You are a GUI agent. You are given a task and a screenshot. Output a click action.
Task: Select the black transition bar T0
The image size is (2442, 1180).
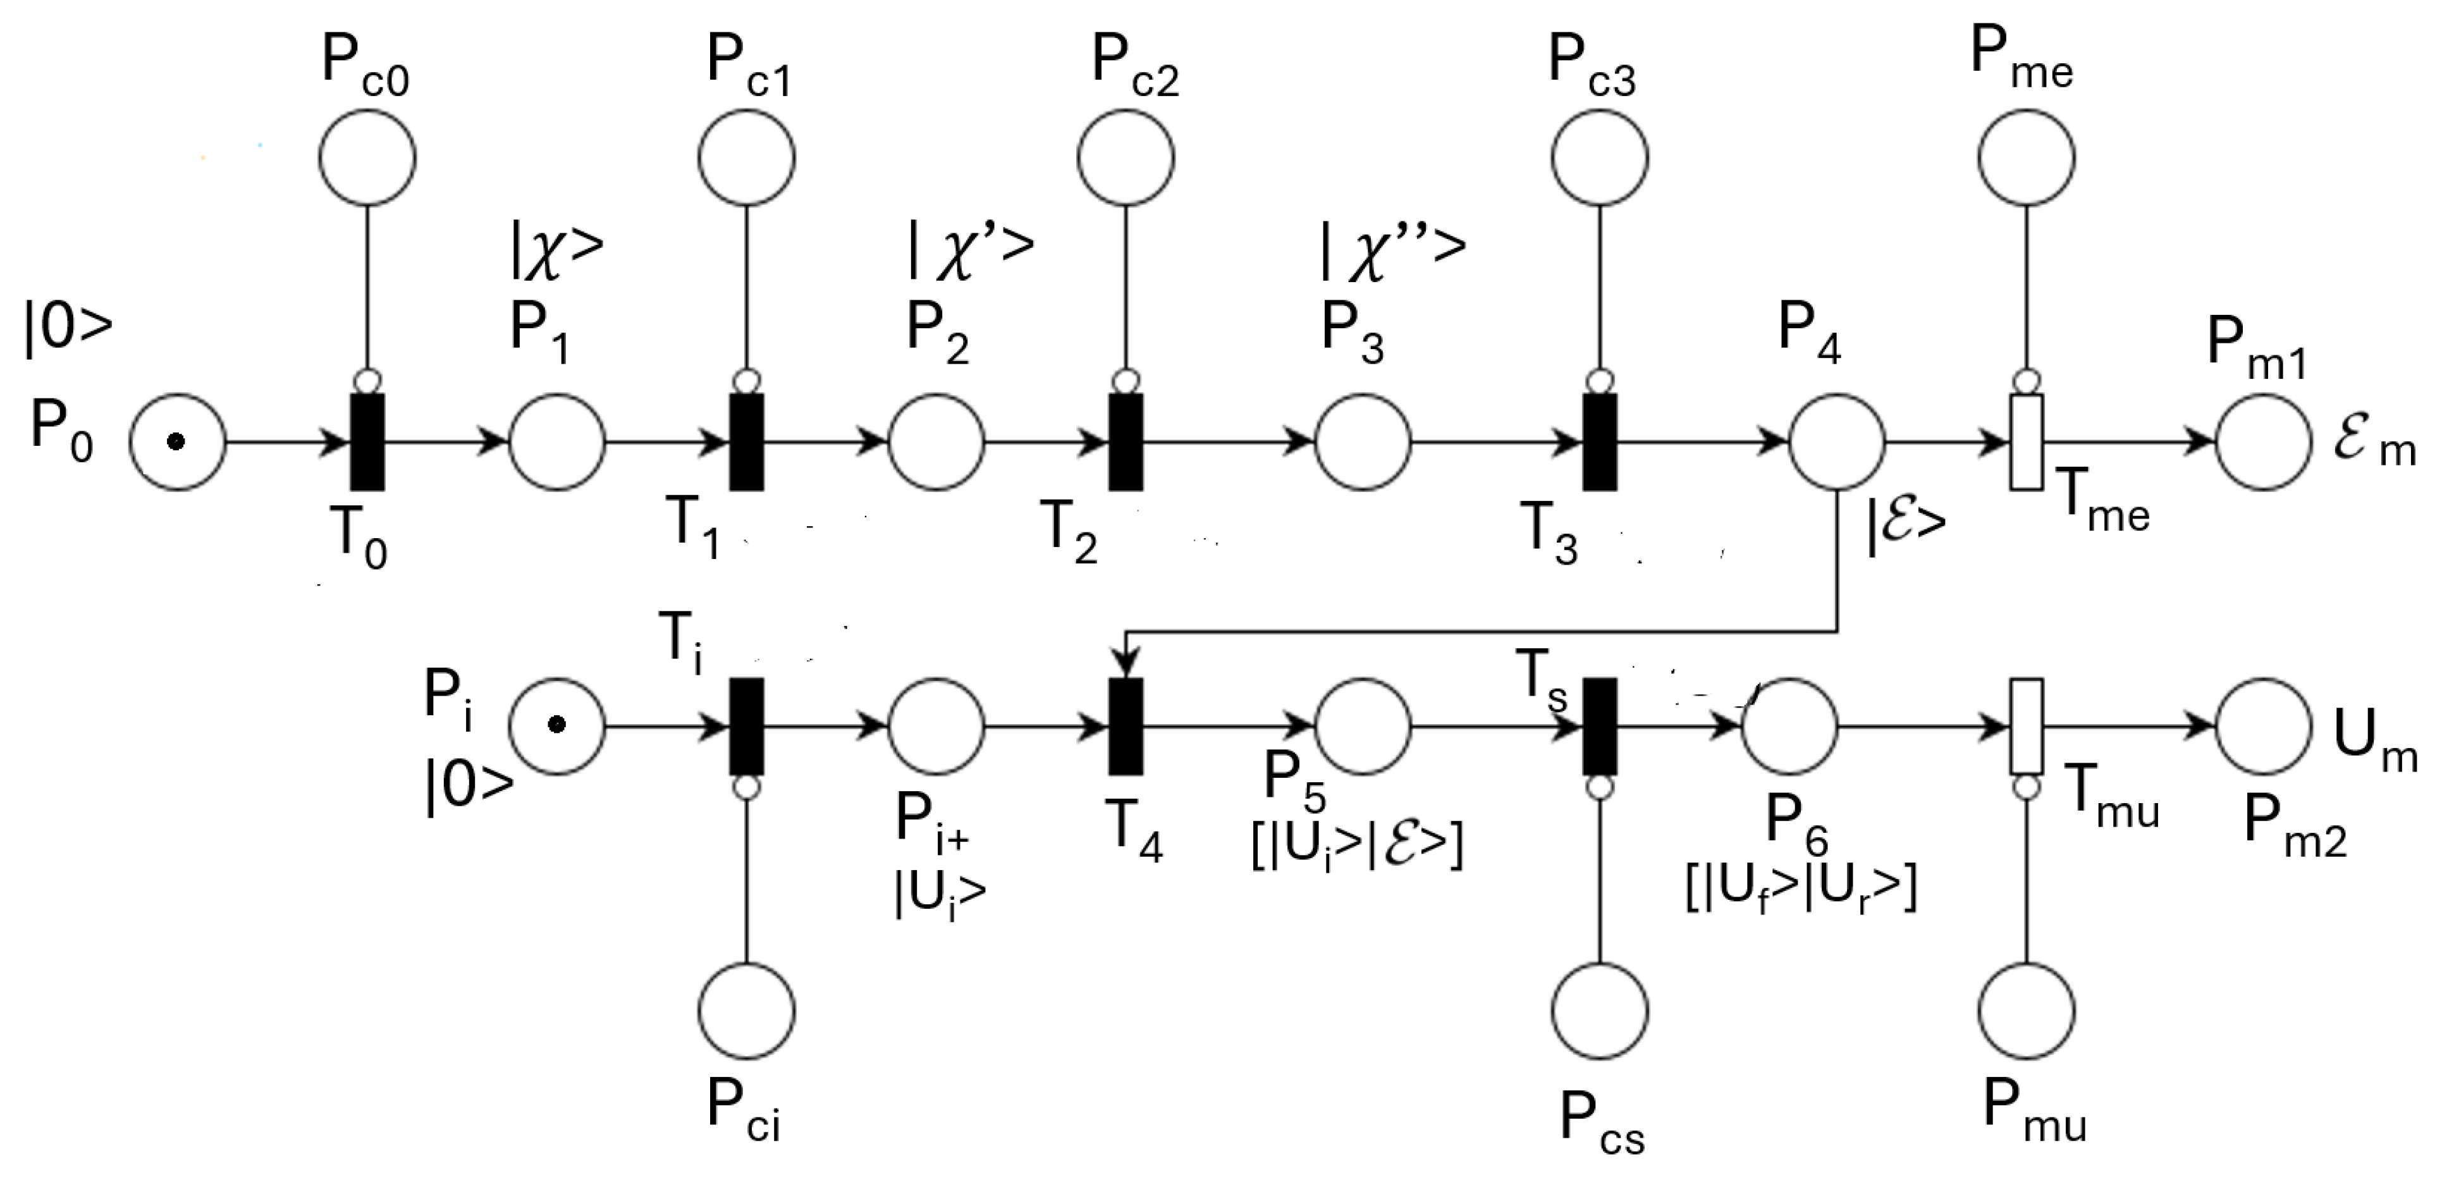pyautogui.click(x=368, y=441)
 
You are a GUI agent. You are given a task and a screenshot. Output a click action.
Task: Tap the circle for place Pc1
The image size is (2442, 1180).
pyautogui.click(x=747, y=156)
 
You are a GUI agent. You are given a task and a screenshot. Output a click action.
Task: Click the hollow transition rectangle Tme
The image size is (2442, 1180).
pyautogui.click(x=2026, y=441)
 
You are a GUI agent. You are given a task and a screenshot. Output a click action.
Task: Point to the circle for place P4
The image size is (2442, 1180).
pyautogui.click(x=1836, y=441)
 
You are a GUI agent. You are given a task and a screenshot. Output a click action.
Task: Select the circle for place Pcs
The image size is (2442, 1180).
pyautogui.click(x=1600, y=1011)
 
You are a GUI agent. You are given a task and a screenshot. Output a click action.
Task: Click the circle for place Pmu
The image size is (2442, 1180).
pyautogui.click(x=2027, y=1011)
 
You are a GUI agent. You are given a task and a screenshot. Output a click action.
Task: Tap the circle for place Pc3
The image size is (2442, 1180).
pyautogui.click(x=1600, y=156)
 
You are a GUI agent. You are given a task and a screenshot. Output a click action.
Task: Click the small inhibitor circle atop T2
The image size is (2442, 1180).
pyautogui.click(x=1126, y=381)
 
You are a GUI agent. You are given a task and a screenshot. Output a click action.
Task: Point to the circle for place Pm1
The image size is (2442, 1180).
pyautogui.click(x=2264, y=441)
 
